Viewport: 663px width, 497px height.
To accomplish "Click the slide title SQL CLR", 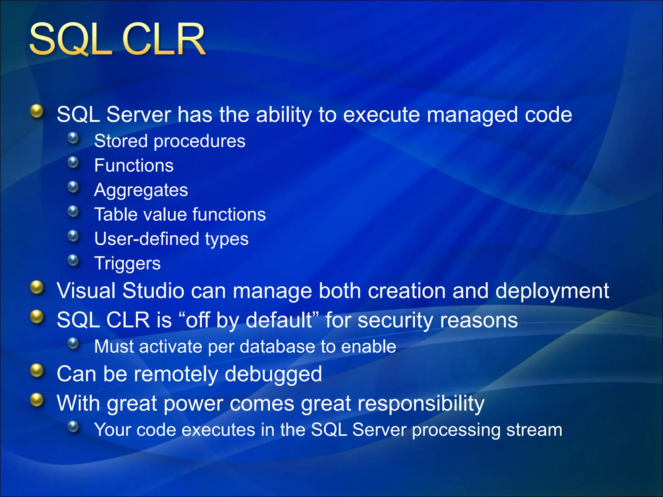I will (117, 39).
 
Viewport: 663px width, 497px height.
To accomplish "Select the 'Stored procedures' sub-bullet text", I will (170, 141).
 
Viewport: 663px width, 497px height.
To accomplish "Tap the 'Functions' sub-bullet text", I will (134, 166).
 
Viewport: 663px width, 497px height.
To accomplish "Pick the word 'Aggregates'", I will (141, 190).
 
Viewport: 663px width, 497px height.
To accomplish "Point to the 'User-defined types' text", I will (171, 239).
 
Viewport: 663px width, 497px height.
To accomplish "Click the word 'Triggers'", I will (127, 263).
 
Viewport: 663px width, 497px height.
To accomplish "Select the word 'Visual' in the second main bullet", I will (86, 291).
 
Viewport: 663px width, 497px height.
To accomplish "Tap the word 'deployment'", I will (552, 291).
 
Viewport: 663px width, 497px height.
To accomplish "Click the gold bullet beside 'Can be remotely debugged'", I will (37, 371).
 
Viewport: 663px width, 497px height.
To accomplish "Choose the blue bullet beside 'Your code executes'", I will (73, 427).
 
